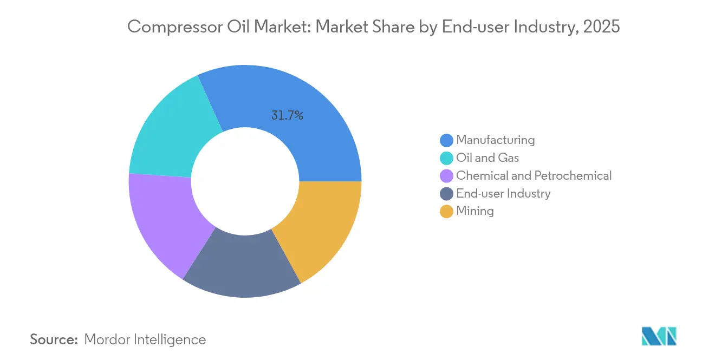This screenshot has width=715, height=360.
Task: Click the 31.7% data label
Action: [x=287, y=115]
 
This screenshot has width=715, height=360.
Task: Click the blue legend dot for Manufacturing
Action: [x=446, y=140]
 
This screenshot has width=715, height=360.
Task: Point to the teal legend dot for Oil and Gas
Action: [x=446, y=158]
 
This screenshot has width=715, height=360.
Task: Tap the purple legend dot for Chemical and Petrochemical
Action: [x=446, y=176]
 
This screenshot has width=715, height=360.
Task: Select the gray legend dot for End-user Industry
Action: [x=446, y=194]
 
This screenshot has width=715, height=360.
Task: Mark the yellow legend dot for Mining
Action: [x=446, y=212]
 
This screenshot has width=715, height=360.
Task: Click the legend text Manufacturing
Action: [x=495, y=140]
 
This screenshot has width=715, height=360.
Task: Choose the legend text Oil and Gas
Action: [x=487, y=158]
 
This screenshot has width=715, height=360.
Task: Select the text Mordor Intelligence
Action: [x=145, y=339]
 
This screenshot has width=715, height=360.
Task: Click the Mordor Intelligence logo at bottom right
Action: [x=659, y=336]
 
